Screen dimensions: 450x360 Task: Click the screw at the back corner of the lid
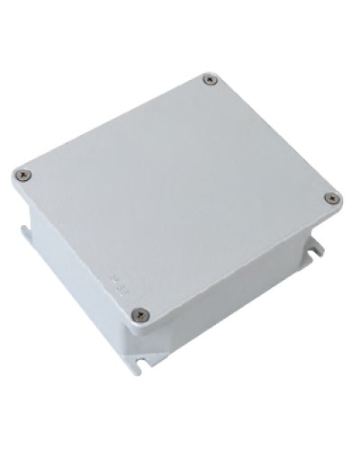[x=211, y=80]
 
